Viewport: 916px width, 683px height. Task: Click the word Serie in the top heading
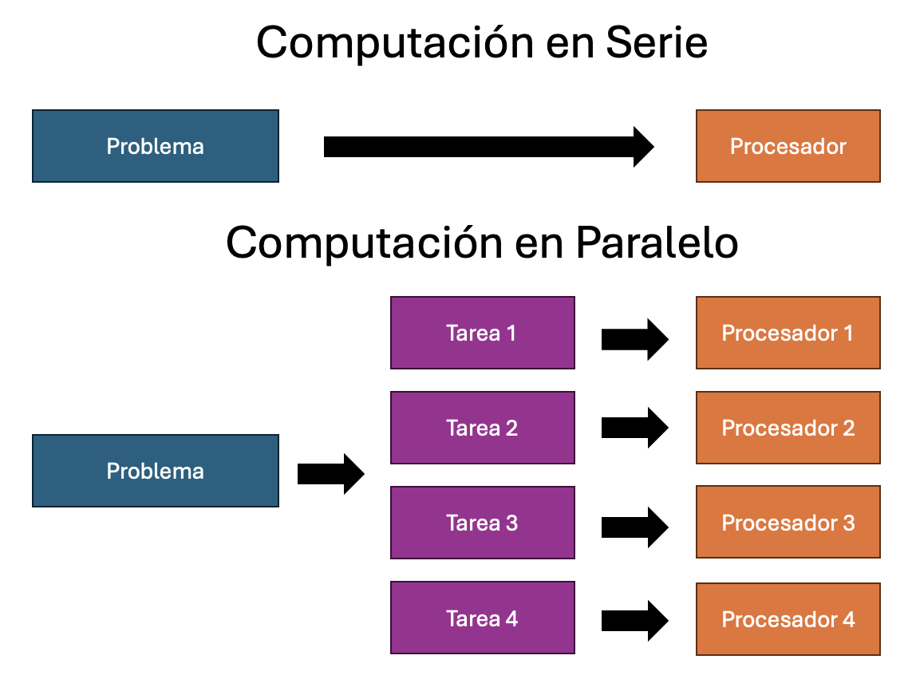pyautogui.click(x=657, y=43)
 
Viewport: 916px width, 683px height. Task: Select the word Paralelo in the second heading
pyautogui.click(x=656, y=243)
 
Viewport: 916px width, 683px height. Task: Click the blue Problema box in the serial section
pyautogui.click(x=156, y=146)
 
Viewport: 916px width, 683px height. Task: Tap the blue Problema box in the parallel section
pyautogui.click(x=156, y=471)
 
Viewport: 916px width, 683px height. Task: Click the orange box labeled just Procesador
pyautogui.click(x=788, y=146)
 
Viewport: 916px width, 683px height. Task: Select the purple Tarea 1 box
pyautogui.click(x=482, y=333)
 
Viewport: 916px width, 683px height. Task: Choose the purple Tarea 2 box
pyautogui.click(x=482, y=428)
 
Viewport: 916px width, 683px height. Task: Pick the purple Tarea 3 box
pyautogui.click(x=482, y=523)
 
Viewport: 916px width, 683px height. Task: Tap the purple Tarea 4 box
pyautogui.click(x=482, y=618)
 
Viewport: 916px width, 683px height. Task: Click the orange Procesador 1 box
pyautogui.click(x=788, y=333)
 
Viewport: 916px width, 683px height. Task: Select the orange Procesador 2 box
pyautogui.click(x=788, y=428)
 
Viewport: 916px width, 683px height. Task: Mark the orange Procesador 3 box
pyautogui.click(x=788, y=523)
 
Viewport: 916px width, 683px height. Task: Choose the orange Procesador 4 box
pyautogui.click(x=788, y=618)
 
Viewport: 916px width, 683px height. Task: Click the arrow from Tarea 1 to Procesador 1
pyautogui.click(x=634, y=339)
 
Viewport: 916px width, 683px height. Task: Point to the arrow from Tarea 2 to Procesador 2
pyautogui.click(x=634, y=428)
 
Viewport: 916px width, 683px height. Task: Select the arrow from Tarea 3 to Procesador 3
pyautogui.click(x=634, y=527)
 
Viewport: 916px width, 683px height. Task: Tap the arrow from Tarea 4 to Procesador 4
pyautogui.click(x=634, y=621)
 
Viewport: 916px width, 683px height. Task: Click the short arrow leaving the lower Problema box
pyautogui.click(x=330, y=474)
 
